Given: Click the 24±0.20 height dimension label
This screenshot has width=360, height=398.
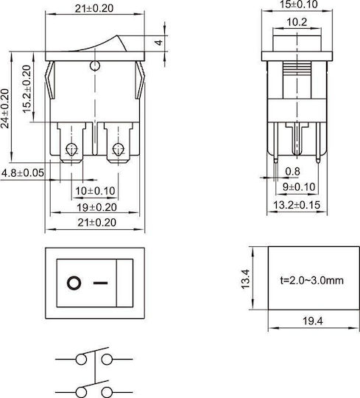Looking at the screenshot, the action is tap(5, 108).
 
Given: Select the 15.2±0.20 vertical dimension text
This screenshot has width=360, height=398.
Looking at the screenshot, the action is tap(27, 89).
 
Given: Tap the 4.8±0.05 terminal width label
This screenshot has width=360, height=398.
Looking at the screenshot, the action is tap(23, 173).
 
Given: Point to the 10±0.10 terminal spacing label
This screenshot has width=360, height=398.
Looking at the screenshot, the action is tap(95, 191).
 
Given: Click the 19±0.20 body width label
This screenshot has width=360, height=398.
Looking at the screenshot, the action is tap(96, 207).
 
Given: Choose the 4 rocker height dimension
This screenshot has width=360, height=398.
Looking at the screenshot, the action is tap(159, 43).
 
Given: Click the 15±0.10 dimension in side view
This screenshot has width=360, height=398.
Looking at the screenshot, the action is tap(298, 4).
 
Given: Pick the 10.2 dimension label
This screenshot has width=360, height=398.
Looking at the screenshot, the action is tap(297, 22).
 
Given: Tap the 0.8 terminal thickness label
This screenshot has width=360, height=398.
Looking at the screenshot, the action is tap(292, 172).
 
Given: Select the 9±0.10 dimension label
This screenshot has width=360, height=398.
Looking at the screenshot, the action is tap(299, 187).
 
